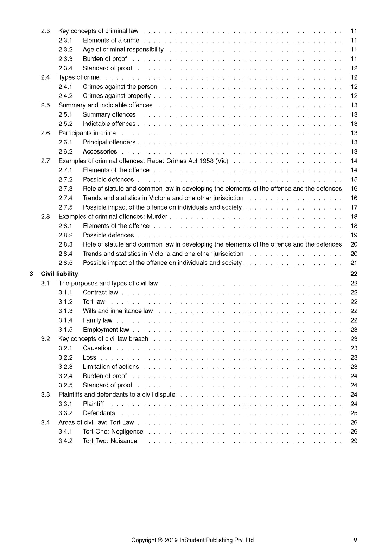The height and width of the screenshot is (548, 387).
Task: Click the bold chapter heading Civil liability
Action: tap(59, 274)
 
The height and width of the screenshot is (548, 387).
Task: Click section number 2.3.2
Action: tap(65, 50)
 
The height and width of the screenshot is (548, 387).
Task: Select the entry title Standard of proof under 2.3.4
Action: tap(107, 68)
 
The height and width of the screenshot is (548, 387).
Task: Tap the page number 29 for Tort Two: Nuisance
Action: tap(354, 441)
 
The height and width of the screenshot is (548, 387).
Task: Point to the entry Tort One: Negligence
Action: tap(113, 432)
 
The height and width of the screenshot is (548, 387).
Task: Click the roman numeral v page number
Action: tap(355, 540)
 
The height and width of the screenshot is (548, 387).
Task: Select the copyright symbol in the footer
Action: tap(160, 540)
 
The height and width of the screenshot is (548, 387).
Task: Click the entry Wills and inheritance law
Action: tap(118, 311)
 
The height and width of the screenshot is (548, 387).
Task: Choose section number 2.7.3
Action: tap(65, 189)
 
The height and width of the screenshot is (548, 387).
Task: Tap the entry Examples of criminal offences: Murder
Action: tap(113, 217)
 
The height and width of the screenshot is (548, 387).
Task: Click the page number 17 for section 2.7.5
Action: tap(354, 207)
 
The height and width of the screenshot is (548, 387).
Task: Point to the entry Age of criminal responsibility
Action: tap(123, 50)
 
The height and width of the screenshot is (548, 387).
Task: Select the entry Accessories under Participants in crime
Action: tap(100, 152)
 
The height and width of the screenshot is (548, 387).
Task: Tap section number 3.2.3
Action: tap(65, 367)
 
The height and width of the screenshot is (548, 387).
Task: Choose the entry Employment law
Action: tap(106, 330)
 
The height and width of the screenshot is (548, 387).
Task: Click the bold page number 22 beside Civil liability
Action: tap(354, 274)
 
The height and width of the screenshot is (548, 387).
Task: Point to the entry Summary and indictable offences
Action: tap(106, 105)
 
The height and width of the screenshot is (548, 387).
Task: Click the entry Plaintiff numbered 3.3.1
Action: tap(93, 404)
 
